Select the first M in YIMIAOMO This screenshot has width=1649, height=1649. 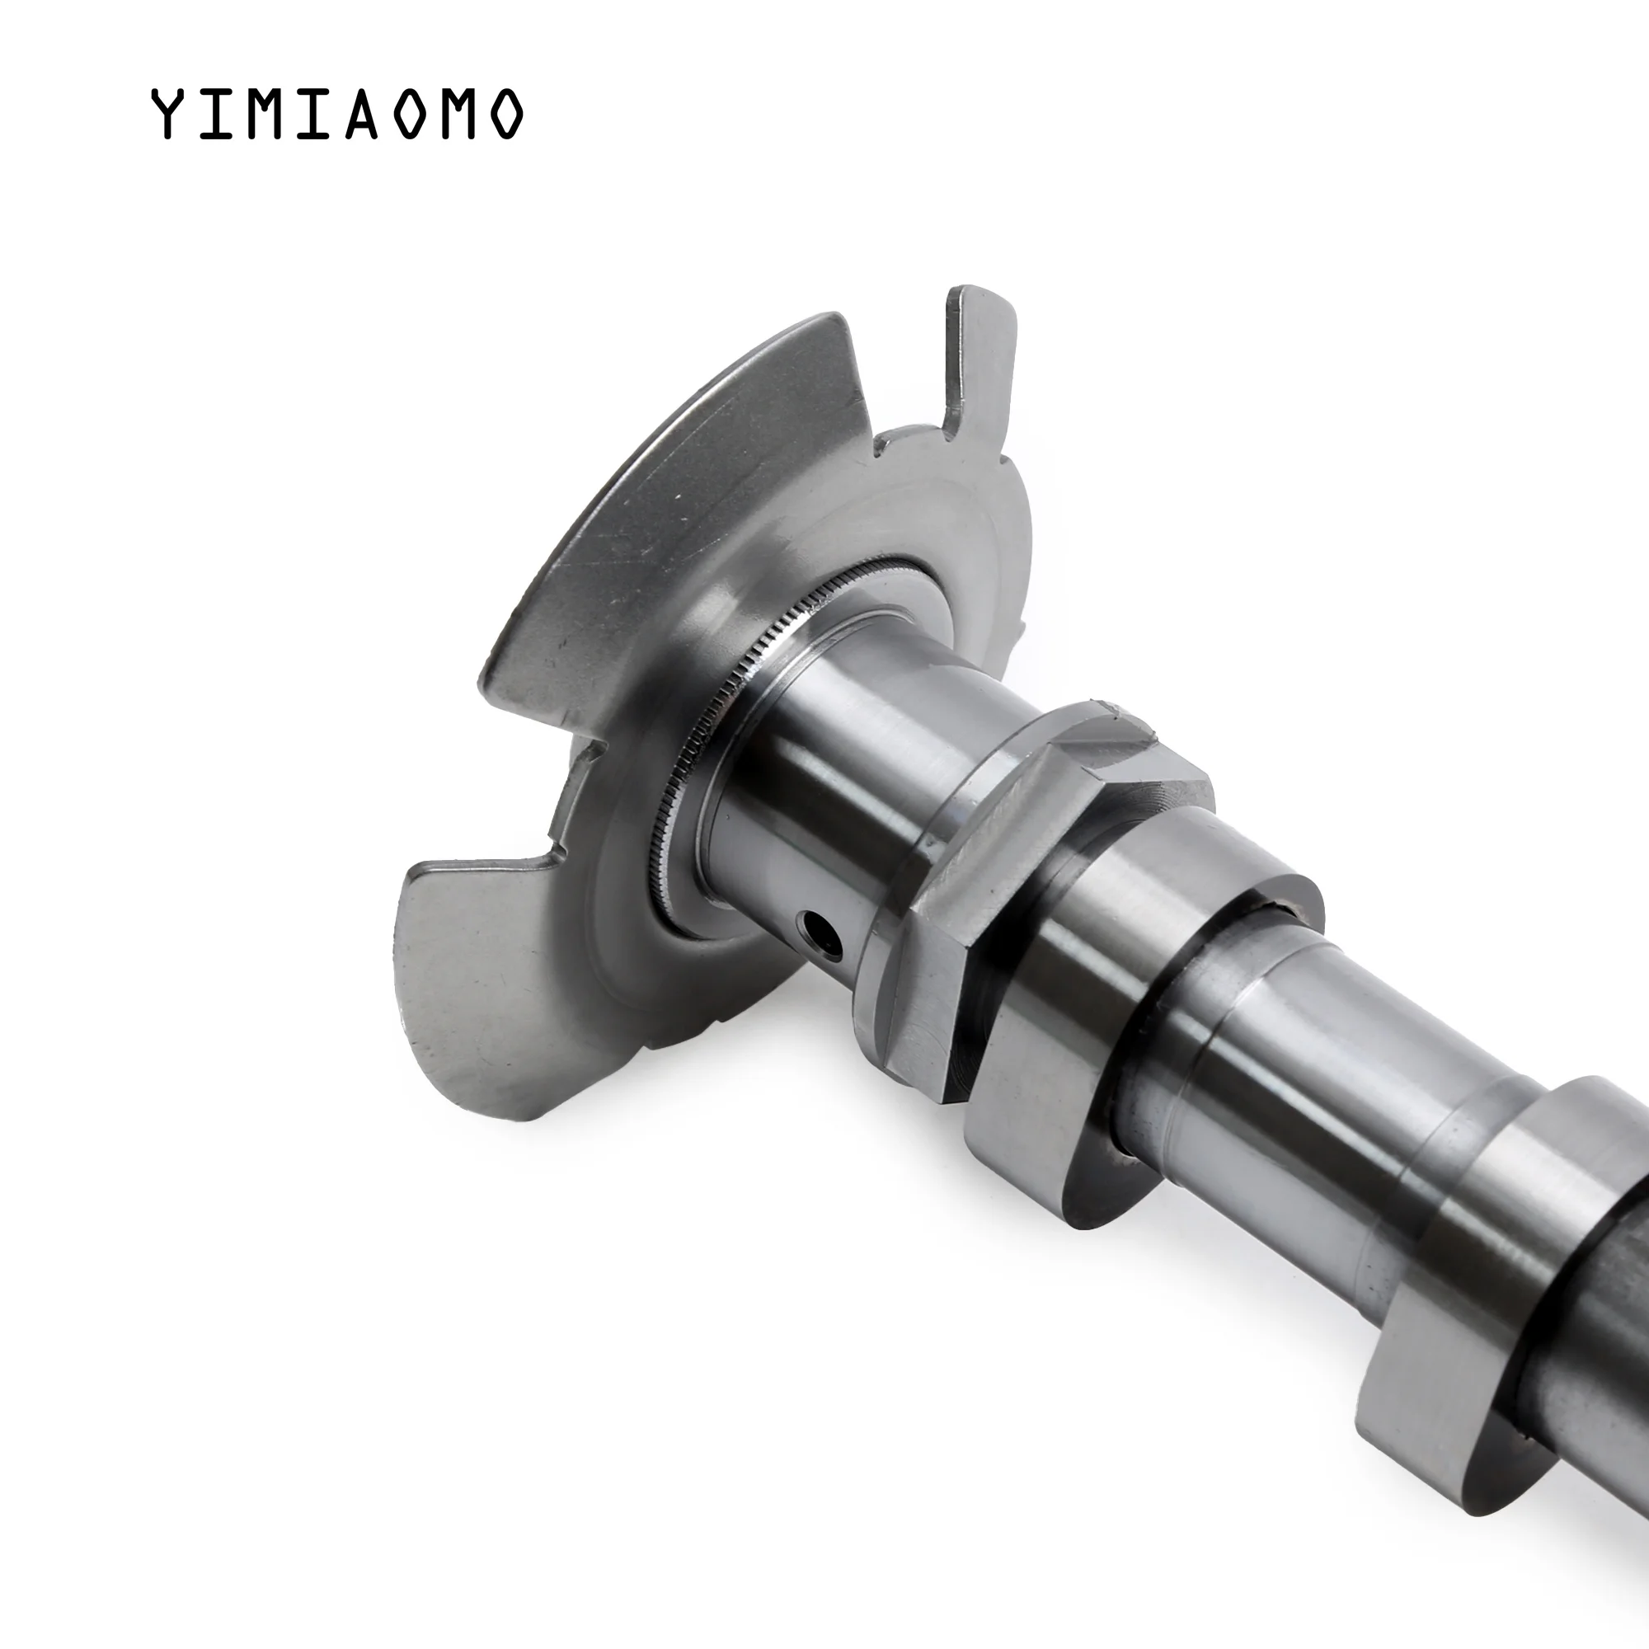265,114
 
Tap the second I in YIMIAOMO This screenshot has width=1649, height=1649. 315,114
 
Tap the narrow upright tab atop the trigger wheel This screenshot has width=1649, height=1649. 980,350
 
